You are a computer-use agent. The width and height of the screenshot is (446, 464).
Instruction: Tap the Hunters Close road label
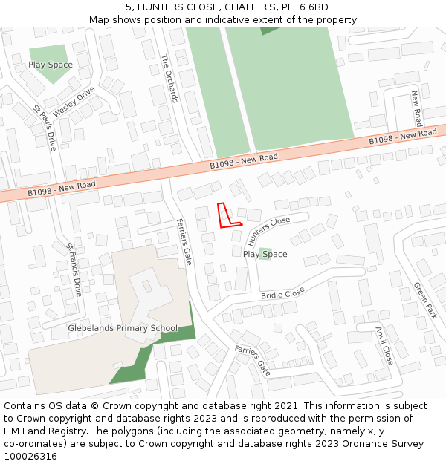point(268,232)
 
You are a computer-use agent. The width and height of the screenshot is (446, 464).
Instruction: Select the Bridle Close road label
point(282,293)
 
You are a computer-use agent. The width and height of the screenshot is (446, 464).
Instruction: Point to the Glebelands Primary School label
point(123,328)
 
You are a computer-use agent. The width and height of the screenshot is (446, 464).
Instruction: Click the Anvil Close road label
point(384,345)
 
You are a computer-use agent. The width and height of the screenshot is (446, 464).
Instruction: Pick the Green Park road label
point(425,300)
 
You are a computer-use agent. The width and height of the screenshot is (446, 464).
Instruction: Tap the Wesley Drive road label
point(74,102)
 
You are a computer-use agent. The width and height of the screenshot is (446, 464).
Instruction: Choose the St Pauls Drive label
point(45,128)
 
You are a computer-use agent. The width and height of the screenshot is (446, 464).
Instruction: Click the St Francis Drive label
point(73,269)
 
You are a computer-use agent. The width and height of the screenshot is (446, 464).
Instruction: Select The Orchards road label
point(169,78)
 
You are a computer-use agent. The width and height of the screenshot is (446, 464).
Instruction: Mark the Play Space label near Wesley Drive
point(51,65)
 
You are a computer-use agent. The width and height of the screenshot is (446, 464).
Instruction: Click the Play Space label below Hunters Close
point(265,254)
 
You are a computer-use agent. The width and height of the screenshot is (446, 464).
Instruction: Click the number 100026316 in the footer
point(30,456)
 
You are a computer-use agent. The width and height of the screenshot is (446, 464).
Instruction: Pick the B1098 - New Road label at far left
point(62,189)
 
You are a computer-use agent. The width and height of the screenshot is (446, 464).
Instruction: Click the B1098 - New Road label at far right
point(403,137)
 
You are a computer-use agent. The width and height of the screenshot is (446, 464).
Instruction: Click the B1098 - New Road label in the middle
point(243,161)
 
